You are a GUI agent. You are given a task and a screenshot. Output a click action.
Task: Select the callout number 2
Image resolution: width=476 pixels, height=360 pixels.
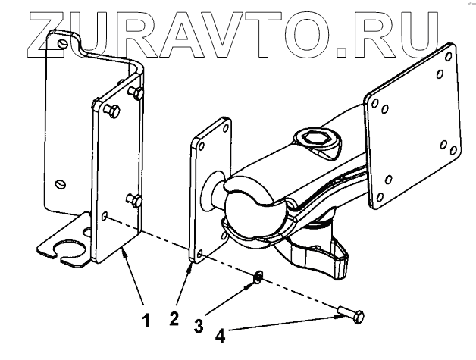click(174, 319)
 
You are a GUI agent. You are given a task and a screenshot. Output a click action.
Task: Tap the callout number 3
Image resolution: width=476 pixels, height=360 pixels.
click(199, 327)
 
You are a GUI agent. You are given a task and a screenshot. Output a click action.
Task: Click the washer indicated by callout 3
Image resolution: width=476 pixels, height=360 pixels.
click(258, 277)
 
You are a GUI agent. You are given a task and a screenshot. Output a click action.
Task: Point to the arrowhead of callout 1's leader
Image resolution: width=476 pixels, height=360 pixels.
click(121, 249)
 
